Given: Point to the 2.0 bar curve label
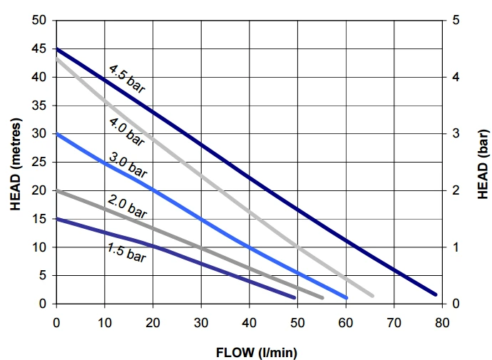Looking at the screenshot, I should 127,205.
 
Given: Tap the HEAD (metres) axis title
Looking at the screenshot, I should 15,163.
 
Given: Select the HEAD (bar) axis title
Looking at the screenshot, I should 482,163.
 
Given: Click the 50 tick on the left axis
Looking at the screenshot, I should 40,20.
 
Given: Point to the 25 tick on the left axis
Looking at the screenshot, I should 40,163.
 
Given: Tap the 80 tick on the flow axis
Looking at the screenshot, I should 442,322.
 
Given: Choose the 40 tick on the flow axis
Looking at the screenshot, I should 250,322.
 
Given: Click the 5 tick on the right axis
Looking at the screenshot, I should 455,20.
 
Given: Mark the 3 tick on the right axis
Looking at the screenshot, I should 455,134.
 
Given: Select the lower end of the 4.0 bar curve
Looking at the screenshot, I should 372,295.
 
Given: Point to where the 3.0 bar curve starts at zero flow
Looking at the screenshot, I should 57,134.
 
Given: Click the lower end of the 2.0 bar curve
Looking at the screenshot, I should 322,297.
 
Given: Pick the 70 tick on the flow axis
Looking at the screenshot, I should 394,322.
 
